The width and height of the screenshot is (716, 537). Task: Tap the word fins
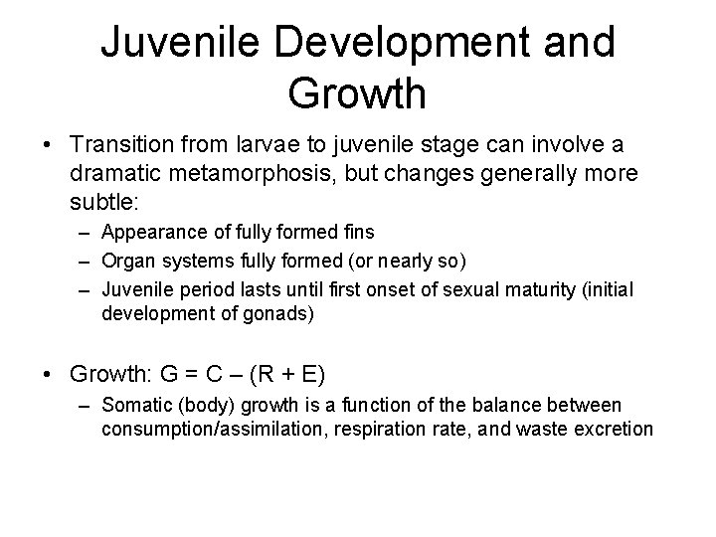(x=357, y=232)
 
